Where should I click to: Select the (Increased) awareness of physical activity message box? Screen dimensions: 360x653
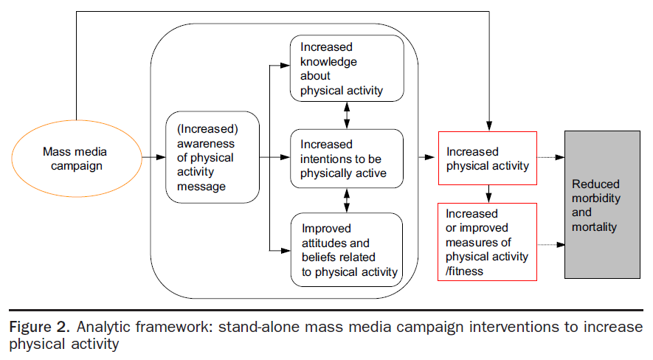(x=212, y=158)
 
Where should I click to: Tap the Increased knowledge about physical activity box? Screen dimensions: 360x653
(x=347, y=69)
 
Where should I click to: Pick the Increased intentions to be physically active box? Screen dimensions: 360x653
(x=347, y=159)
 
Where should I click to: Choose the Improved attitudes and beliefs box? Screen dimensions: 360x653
(x=347, y=249)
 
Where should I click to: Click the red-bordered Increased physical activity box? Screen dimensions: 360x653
(x=487, y=159)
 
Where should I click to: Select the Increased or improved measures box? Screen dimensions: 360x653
(x=487, y=241)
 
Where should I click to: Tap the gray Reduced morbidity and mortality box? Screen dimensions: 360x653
(x=602, y=204)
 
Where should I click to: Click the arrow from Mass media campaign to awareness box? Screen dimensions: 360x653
(x=153, y=157)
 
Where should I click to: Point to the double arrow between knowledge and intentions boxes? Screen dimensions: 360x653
(x=347, y=115)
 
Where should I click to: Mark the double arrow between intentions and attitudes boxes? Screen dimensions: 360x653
(x=347, y=200)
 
